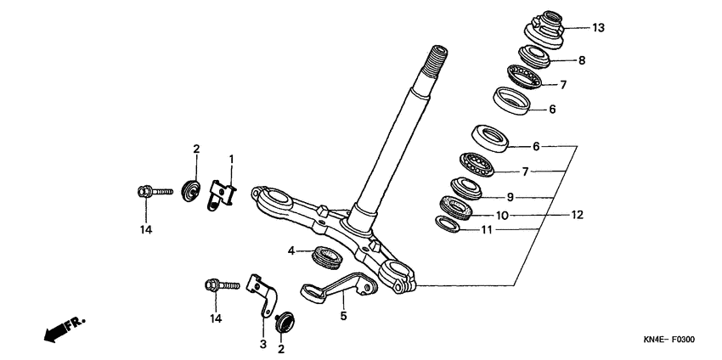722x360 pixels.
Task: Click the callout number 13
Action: click(x=598, y=28)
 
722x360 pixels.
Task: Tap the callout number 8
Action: click(x=582, y=60)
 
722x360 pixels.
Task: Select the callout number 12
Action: click(x=577, y=215)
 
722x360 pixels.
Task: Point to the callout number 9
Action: click(x=510, y=198)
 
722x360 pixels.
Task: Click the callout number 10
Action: click(x=502, y=215)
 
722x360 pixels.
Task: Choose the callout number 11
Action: click(x=488, y=229)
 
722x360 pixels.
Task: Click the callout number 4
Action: click(x=291, y=250)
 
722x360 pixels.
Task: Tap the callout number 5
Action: click(x=343, y=316)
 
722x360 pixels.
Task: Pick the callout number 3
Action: click(x=263, y=344)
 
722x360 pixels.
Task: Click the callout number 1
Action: click(x=232, y=160)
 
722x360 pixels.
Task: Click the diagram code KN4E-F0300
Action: click(x=669, y=340)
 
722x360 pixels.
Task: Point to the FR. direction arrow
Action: click(x=65, y=329)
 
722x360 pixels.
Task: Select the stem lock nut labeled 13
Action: click(x=544, y=30)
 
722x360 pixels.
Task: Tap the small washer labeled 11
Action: click(x=447, y=224)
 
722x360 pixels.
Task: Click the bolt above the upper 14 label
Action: click(x=155, y=191)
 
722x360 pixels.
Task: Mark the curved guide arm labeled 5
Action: click(x=338, y=287)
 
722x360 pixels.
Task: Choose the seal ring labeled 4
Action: click(x=327, y=258)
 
